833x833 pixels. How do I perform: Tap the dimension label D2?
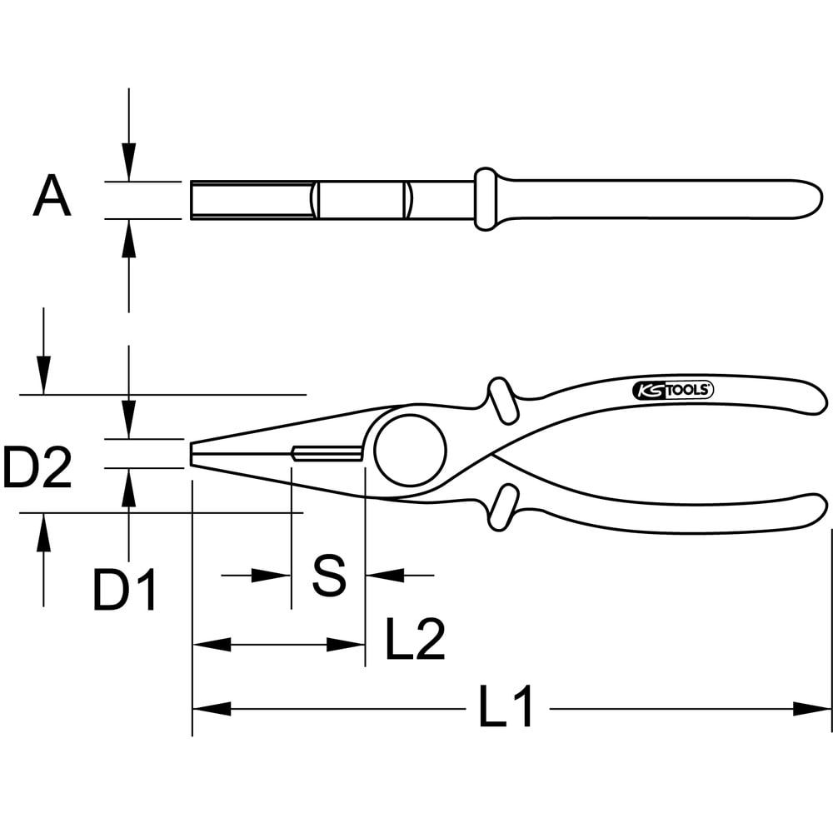[37, 468]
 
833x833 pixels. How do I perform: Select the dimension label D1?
[125, 591]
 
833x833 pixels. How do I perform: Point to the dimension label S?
[328, 575]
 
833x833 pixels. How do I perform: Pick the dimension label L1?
[506, 709]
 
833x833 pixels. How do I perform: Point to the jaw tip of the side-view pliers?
[195, 453]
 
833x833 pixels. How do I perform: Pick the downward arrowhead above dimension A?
[128, 162]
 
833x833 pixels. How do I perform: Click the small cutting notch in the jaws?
[327, 453]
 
